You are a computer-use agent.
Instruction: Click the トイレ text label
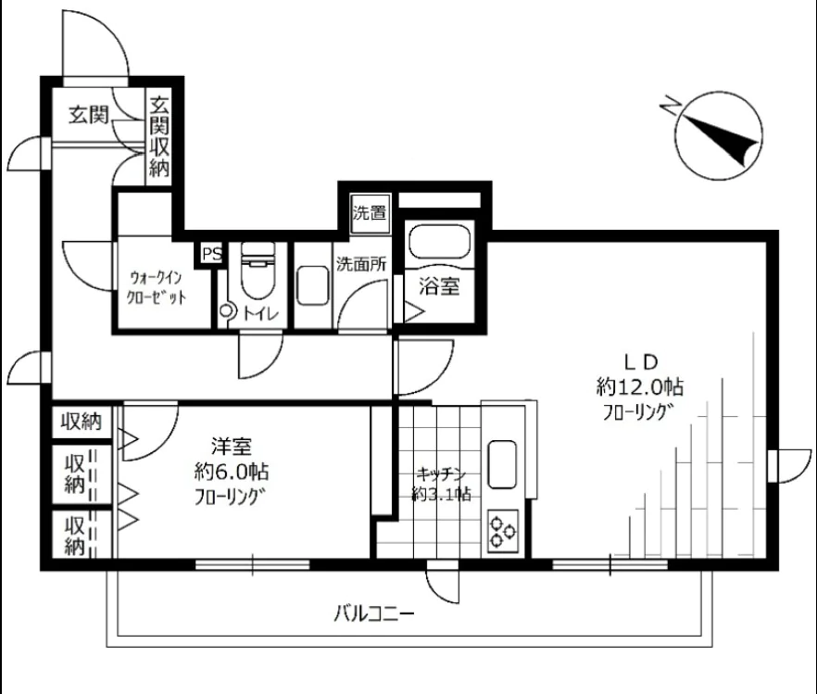click(256, 314)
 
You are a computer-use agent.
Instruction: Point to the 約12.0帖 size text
click(640, 386)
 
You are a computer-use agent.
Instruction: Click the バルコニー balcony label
click(374, 613)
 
